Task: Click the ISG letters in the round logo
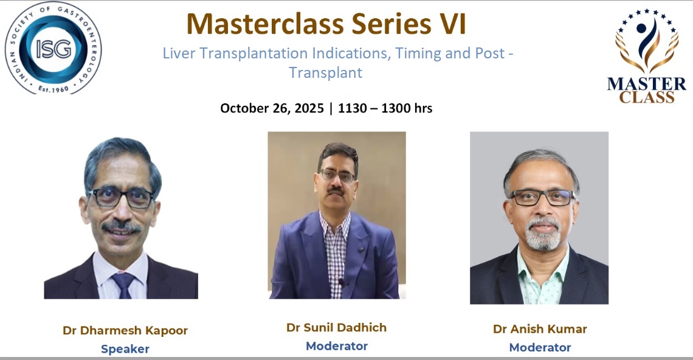pyautogui.click(x=53, y=48)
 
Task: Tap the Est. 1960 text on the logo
pyautogui.click(x=53, y=89)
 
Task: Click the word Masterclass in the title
pyautogui.click(x=264, y=24)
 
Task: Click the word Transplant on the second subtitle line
pyautogui.click(x=326, y=72)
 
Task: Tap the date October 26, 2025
pyautogui.click(x=272, y=108)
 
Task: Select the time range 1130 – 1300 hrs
pyautogui.click(x=385, y=108)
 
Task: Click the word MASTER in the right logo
pyautogui.click(x=647, y=84)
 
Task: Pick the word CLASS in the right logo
pyautogui.click(x=647, y=97)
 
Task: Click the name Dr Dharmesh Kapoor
pyautogui.click(x=125, y=330)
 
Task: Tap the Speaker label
pyautogui.click(x=125, y=349)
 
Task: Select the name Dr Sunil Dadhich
pyautogui.click(x=336, y=327)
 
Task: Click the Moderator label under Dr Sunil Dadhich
pyautogui.click(x=337, y=346)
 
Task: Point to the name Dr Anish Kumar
pyautogui.click(x=540, y=329)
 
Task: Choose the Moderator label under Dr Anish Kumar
pyautogui.click(x=540, y=348)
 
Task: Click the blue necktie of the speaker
pyautogui.click(x=124, y=285)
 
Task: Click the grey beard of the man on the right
pyautogui.click(x=543, y=234)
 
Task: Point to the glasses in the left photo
pyautogui.click(x=121, y=198)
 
